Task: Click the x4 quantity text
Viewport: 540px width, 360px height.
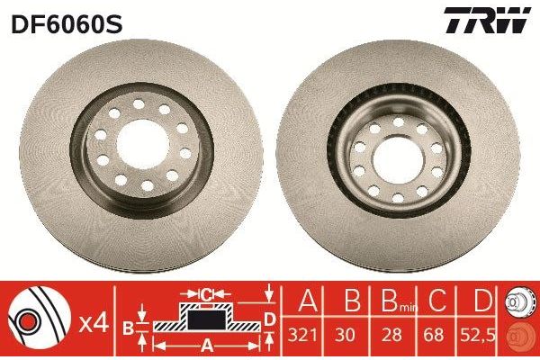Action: point(94,321)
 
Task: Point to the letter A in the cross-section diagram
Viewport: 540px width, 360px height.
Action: point(206,344)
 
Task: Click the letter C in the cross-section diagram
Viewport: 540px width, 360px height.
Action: point(206,294)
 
